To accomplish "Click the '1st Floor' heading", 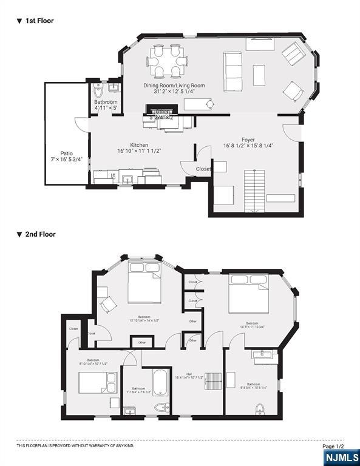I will coord(38,21).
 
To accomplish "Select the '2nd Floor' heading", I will coord(39,234).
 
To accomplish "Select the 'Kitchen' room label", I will coord(139,146).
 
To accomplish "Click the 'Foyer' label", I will coord(248,140).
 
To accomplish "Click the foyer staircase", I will coord(254,190).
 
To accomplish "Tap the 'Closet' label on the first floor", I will coord(203,169).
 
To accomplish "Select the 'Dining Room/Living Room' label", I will coord(174,86).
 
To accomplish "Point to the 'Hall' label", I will coord(189,374).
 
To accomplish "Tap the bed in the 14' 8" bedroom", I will coord(248,294).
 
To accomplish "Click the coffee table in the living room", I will coord(259,75).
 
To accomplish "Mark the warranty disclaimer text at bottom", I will coord(75,446).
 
